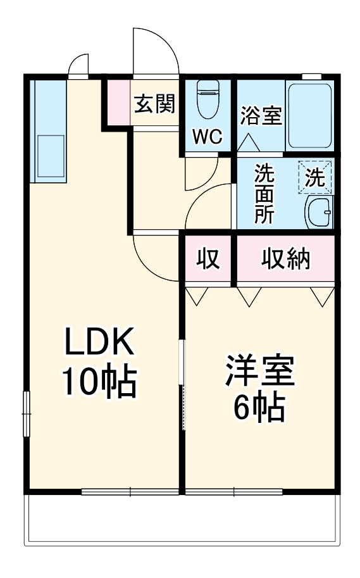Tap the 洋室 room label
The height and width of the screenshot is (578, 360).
(x=260, y=374)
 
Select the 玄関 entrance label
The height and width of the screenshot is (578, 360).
(x=154, y=103)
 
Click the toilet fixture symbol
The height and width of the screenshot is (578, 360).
(x=207, y=101)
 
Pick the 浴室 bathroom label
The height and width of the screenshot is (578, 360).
(x=261, y=116)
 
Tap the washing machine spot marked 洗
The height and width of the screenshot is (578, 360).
(x=315, y=177)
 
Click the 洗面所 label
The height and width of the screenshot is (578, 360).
(x=264, y=194)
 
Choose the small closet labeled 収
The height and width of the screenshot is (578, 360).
(x=208, y=258)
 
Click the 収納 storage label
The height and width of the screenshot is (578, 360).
(x=286, y=258)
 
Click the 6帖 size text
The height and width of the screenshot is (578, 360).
(x=260, y=408)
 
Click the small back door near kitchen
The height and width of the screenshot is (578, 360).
(x=78, y=66)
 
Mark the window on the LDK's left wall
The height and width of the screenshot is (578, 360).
(x=27, y=413)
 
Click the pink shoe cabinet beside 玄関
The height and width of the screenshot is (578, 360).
(x=117, y=103)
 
